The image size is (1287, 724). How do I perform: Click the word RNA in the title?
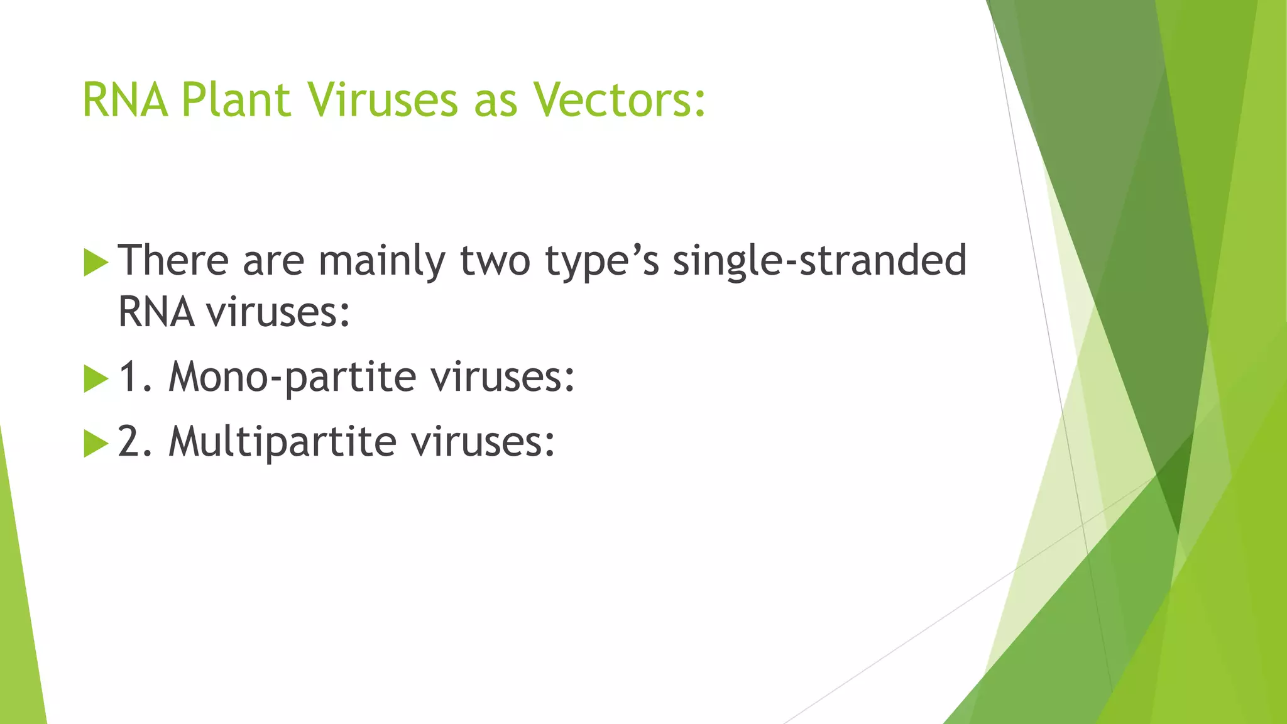click(125, 100)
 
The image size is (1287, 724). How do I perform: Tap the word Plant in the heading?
click(236, 100)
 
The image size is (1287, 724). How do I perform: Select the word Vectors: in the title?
click(620, 100)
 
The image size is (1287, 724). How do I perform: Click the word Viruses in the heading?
click(383, 100)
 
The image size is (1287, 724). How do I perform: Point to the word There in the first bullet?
click(173, 260)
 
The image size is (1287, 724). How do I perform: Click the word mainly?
click(381, 261)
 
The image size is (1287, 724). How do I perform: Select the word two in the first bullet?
click(495, 261)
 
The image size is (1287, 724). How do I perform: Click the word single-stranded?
click(819, 260)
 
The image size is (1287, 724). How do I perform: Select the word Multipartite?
click(282, 442)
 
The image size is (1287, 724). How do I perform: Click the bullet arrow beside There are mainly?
click(96, 262)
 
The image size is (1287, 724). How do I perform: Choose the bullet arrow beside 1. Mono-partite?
click(96, 379)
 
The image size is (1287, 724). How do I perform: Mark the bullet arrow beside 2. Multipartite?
click(96, 444)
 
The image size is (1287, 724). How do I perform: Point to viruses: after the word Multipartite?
click(483, 442)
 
